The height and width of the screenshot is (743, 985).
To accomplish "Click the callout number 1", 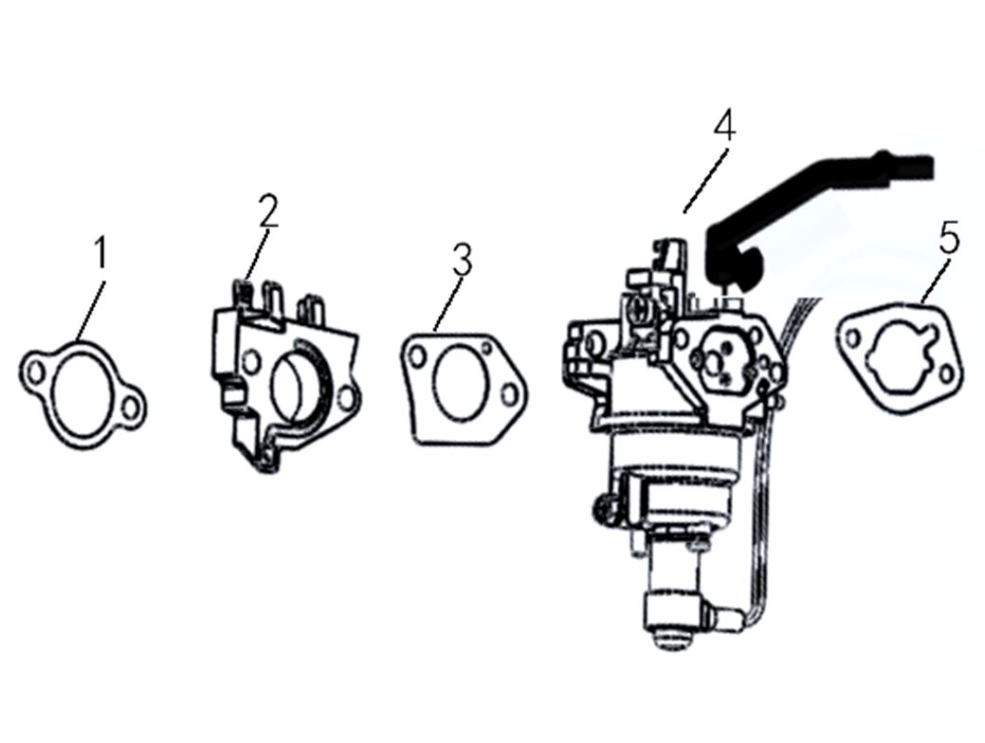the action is point(100,252).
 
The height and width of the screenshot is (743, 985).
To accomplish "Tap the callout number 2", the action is point(268,210).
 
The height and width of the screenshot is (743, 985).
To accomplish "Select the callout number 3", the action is point(462,260).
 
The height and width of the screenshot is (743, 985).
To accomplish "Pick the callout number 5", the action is point(949,238).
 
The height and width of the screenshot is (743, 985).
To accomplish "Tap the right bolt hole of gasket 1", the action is point(131,408).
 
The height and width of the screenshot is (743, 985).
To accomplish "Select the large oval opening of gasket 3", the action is point(461,384).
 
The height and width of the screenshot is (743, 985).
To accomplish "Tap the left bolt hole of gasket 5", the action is point(852,339).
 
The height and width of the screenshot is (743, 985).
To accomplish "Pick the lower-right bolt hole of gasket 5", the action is point(945,375).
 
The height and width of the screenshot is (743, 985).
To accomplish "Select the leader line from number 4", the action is point(706,180).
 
